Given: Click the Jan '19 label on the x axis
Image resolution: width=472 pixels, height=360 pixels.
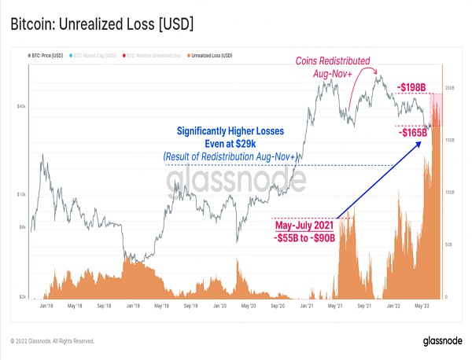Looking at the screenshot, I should [132, 304].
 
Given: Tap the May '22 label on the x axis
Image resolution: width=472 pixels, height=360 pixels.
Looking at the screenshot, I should [422, 304].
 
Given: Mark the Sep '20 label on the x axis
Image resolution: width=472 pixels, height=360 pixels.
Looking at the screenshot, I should [277, 304].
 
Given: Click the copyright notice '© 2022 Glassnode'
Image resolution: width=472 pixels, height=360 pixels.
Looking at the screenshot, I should [52, 341].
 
